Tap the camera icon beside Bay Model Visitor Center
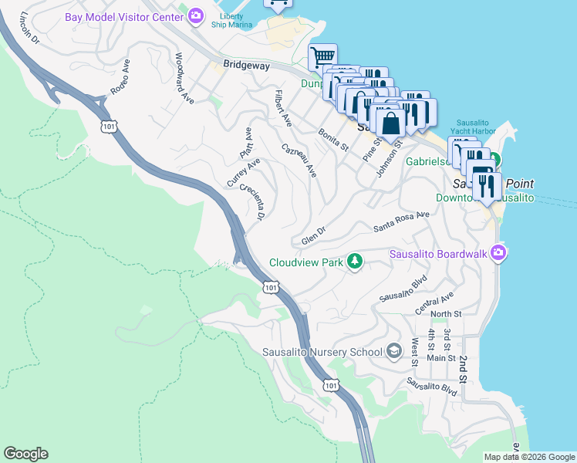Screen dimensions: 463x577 coord(196,15)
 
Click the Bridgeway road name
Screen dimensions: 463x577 coord(246,66)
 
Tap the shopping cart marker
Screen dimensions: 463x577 coord(322,57)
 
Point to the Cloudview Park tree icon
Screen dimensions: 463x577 coord(354,262)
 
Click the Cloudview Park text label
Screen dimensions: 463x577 coord(305,262)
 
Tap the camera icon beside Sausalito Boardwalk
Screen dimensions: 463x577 coord(498,252)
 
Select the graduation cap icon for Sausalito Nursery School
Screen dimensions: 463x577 coord(394,352)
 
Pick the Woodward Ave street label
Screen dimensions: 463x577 coord(184,78)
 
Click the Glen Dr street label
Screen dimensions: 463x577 coord(314,236)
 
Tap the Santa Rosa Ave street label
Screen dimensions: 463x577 coord(401,222)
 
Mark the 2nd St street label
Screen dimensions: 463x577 coord(464,370)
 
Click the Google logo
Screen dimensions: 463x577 coord(25,454)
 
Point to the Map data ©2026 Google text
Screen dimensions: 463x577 coord(528,457)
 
